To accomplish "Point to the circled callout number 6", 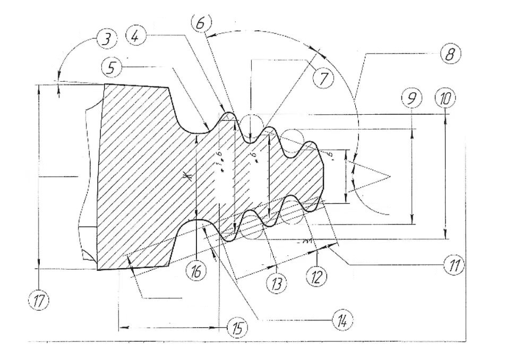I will [201, 22].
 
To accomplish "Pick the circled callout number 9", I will [412, 99].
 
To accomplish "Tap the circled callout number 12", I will [317, 276].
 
